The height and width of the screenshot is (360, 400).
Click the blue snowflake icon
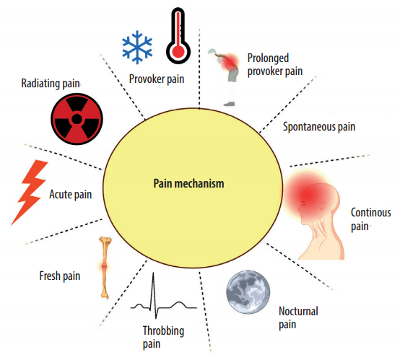137,47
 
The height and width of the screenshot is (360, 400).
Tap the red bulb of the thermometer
178,51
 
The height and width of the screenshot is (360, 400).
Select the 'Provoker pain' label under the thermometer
157,79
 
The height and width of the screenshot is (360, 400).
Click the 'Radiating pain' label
51,84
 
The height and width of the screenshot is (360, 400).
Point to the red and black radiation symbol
77,119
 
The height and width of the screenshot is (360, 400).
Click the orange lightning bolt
30,192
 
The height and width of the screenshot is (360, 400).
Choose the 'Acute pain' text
71,194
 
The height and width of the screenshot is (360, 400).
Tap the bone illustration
105,268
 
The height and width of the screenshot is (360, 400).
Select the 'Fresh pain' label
60,276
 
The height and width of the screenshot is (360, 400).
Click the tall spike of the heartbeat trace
153,296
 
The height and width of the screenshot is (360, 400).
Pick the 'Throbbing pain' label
163,338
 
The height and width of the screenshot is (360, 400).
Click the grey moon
248,292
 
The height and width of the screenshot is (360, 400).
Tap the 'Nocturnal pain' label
298,318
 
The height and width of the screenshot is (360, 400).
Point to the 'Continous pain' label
370,219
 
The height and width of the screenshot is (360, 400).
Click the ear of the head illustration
323,206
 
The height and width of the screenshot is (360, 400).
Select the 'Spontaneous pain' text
319,127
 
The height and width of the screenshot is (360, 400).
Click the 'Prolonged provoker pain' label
275,65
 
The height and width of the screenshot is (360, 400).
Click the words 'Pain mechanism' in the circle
188,183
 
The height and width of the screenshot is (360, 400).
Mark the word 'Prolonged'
268,58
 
